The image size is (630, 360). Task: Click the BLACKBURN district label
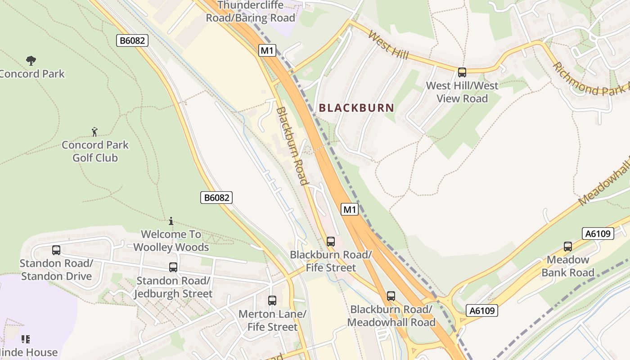coord(356,108)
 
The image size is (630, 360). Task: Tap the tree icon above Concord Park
coord(31,60)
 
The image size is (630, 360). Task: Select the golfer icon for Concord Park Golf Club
coord(94,131)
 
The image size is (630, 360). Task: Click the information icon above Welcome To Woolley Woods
coord(171,221)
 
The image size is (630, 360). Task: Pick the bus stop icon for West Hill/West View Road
coord(462,72)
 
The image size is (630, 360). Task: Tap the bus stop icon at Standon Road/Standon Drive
coord(56,250)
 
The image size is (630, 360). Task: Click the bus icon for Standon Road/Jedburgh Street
coord(173,267)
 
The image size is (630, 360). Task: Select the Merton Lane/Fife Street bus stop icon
coord(272,300)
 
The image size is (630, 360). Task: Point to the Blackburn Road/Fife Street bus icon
coord(331,242)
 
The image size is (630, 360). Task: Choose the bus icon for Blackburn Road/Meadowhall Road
coord(391,296)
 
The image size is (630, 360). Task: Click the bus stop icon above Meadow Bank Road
coord(568,247)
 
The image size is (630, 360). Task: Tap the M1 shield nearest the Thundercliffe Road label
coord(267,50)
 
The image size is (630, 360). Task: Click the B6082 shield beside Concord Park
coord(132,40)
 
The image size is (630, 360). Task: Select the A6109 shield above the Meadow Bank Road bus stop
coord(598,234)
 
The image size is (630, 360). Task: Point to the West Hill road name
coord(388,45)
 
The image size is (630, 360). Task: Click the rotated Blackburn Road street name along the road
coord(292,146)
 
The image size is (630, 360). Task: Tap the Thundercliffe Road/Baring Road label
coord(251,12)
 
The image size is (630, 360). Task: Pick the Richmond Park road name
coord(589,79)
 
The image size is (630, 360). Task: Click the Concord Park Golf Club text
coord(95,151)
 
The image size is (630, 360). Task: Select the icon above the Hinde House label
coord(26,338)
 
